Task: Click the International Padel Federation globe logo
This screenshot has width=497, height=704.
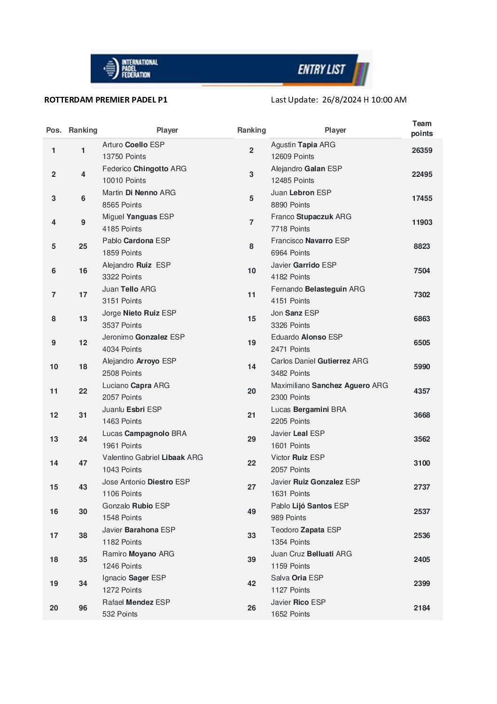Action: [x=111, y=69]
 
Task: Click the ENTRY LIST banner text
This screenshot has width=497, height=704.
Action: [x=321, y=70]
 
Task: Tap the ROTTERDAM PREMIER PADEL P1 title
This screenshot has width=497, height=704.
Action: [x=106, y=100]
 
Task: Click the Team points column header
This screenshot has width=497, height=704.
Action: [x=421, y=128]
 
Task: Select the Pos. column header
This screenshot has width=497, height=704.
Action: [x=54, y=130]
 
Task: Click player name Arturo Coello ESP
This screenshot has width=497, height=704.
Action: [x=133, y=145]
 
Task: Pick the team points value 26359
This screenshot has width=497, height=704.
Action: [x=422, y=150]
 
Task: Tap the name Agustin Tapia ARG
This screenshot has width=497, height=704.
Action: [x=303, y=145]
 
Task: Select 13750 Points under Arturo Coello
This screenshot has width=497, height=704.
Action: [x=124, y=157]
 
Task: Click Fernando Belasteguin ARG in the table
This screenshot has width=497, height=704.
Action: [x=318, y=289]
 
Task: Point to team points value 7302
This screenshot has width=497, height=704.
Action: [x=422, y=295]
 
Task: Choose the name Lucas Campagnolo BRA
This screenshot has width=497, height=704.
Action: [x=144, y=434]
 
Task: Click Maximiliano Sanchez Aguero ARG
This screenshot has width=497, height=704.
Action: [x=329, y=386]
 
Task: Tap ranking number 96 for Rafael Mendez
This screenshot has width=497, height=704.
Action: [x=83, y=608]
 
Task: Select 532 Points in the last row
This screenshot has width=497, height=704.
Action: [x=120, y=614]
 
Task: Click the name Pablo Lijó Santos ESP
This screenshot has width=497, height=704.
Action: [x=310, y=506]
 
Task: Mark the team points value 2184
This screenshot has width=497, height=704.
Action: [x=422, y=608]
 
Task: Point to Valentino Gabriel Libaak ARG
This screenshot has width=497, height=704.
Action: [x=153, y=458]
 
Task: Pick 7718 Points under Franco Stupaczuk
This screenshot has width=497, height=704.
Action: [x=290, y=229]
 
